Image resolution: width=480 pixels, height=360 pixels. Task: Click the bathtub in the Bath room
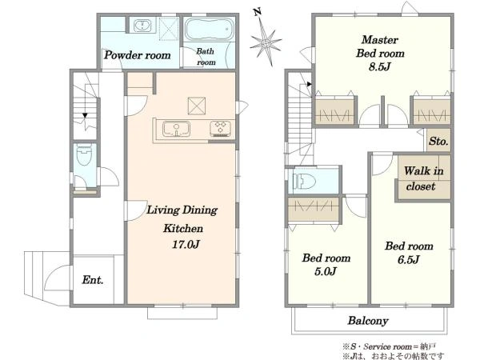click(209, 30)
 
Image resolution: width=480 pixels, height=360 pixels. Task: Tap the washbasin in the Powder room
click(142, 25)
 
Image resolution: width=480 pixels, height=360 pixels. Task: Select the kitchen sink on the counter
click(176, 129)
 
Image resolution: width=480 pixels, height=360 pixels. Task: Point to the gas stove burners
click(220, 129)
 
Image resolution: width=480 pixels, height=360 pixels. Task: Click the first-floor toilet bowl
click(84, 155)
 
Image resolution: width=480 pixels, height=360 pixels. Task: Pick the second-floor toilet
click(304, 182)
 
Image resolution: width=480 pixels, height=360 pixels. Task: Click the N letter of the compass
click(258, 12)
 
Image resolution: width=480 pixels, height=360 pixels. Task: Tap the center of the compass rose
click(265, 42)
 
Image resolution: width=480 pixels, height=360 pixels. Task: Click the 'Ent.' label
click(93, 279)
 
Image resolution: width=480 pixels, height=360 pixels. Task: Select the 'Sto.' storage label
click(438, 141)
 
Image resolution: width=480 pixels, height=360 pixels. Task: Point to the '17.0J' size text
click(186, 244)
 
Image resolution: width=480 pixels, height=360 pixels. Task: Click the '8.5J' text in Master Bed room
click(379, 66)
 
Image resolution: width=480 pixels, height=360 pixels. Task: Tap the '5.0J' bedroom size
click(326, 271)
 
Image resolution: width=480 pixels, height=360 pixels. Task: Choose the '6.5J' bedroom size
click(408, 259)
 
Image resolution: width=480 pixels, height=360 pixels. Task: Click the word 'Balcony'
click(368, 321)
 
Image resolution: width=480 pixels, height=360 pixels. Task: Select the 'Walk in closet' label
click(423, 178)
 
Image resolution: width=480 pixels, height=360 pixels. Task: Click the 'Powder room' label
click(137, 55)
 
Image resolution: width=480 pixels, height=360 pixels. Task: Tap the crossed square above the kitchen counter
click(197, 106)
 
